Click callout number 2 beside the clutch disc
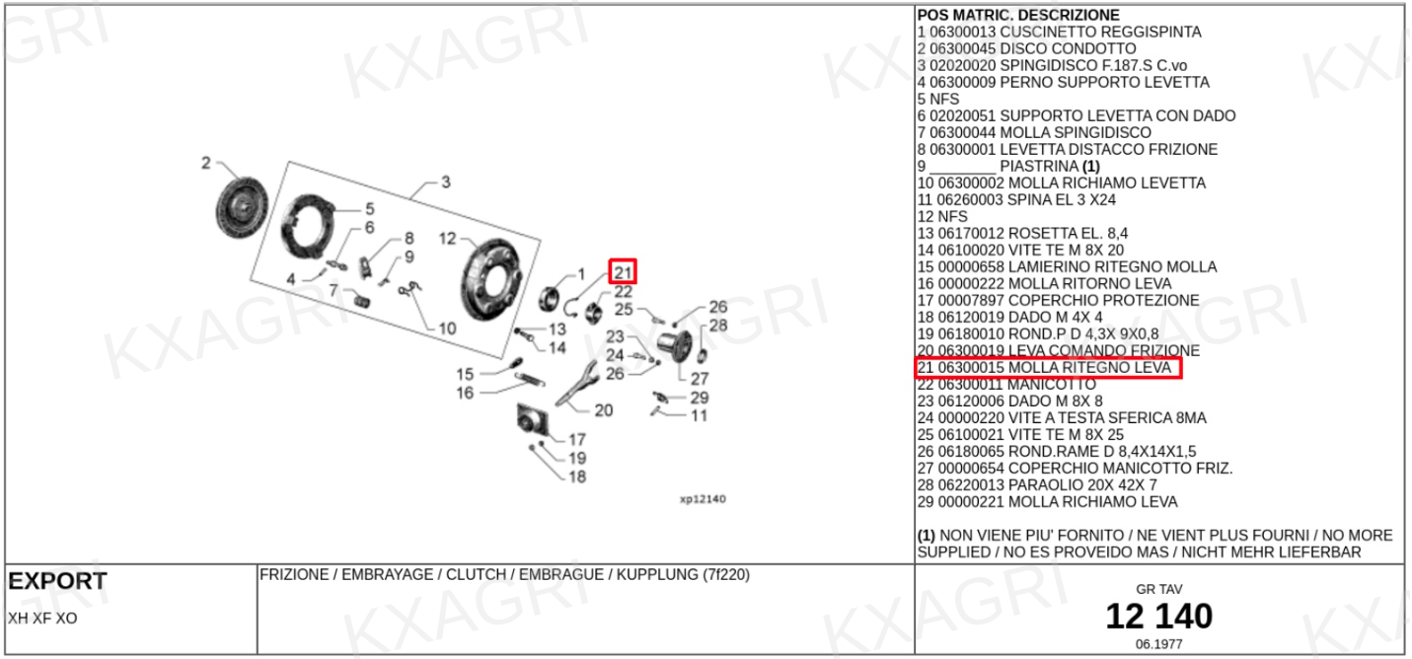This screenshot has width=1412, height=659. [x=206, y=163]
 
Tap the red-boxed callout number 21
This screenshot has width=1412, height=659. [x=623, y=271]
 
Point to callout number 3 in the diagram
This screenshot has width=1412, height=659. [x=446, y=183]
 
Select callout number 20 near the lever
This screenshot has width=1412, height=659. [x=603, y=410]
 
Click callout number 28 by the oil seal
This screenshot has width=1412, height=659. [x=718, y=326]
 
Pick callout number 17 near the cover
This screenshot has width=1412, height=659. [x=577, y=440]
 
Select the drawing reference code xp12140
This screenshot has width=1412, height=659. [x=703, y=499]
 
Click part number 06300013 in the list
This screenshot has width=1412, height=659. [x=962, y=33]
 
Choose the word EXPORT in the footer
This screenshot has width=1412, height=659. [x=57, y=582]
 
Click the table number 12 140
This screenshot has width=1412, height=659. [x=1158, y=617]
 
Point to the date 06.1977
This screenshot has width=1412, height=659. [x=1158, y=644]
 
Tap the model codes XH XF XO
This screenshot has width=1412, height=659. [x=42, y=619]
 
